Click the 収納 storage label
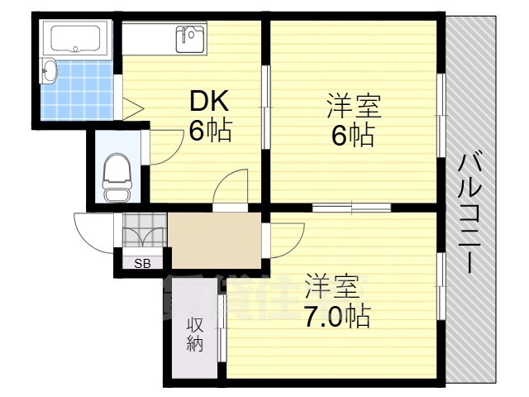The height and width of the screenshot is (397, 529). coord(194,334)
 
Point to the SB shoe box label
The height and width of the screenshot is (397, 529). coord(142,264)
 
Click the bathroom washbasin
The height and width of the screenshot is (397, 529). coord(50,73)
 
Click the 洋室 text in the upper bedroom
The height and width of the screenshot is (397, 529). coord(353,107)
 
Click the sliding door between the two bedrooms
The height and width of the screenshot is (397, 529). coord(352,207)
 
